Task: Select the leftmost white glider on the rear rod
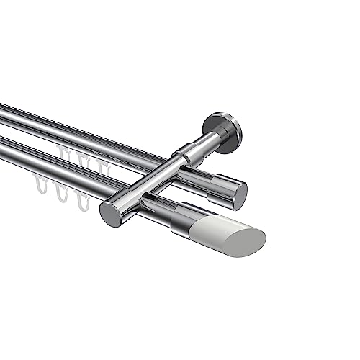click(x=64, y=154)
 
